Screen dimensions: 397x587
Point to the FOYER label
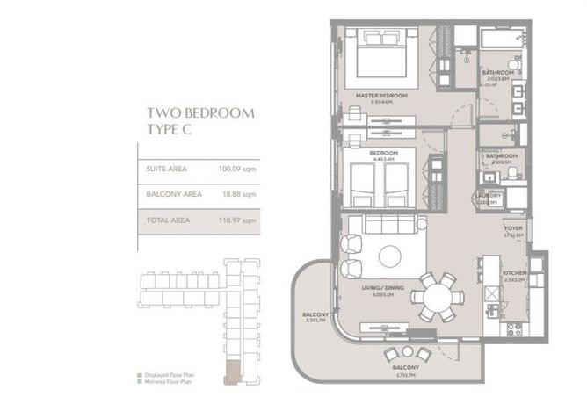click(x=513, y=227)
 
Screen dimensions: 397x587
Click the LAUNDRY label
click(x=488, y=196)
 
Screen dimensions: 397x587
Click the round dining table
click(x=436, y=297)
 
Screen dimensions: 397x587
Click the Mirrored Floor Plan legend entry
click(x=168, y=382)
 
